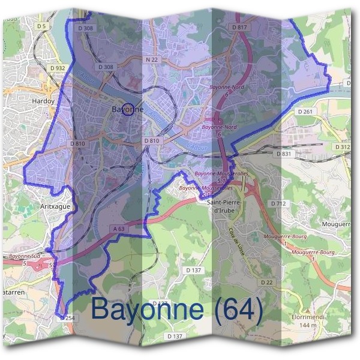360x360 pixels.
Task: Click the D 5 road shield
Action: point(41,27)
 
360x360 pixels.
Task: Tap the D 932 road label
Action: point(58,68)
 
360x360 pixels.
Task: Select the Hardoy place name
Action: point(44,101)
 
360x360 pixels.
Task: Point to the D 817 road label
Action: point(239,28)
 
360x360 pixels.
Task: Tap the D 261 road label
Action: point(305,112)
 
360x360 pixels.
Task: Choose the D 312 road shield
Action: point(343,147)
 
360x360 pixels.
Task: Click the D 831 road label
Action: point(284,154)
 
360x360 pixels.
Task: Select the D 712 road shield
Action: point(278,204)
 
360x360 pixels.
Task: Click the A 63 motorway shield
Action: point(119,229)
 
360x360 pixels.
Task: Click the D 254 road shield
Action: point(67,318)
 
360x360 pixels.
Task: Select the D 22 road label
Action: point(267,282)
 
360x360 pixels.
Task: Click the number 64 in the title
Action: point(237,310)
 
